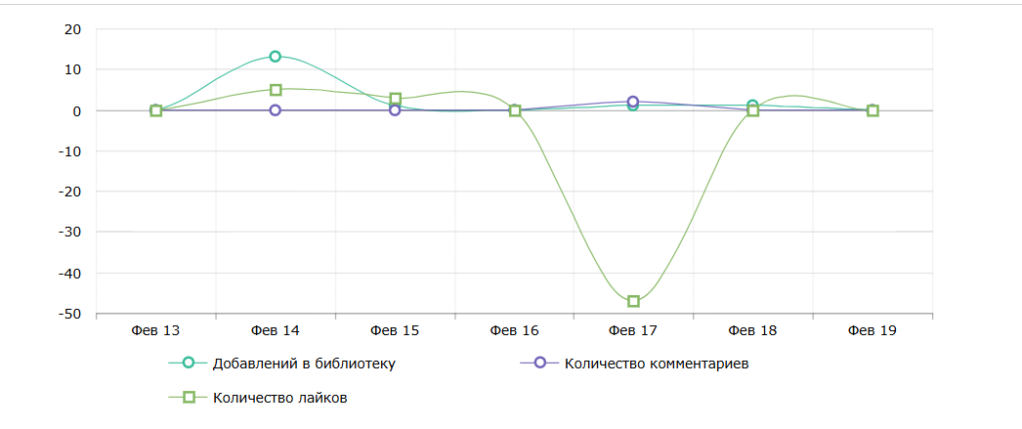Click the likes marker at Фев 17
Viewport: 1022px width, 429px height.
633,301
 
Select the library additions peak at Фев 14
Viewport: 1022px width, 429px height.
276,57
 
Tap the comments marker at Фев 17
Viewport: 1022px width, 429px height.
633,102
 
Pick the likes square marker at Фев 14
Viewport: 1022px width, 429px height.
276,90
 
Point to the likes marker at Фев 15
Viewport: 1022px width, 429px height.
395,99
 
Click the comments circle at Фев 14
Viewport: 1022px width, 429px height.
276,110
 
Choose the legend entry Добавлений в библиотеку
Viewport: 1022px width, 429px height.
302,365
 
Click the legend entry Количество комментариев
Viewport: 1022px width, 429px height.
656,365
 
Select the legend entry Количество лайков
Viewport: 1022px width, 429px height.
279,398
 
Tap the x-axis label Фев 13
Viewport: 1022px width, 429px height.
155,330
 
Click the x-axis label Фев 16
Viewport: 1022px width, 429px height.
514,330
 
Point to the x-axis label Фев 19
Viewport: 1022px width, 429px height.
872,330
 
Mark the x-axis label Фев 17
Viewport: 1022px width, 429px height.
633,330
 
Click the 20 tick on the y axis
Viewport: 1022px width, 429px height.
72,29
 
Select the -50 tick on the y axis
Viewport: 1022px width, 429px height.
69,314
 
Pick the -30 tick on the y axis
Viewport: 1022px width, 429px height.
69,233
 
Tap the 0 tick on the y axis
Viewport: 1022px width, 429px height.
76,110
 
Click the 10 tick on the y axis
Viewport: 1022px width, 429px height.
72,69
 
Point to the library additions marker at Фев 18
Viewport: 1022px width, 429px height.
752,106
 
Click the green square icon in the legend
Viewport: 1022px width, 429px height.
191,397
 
